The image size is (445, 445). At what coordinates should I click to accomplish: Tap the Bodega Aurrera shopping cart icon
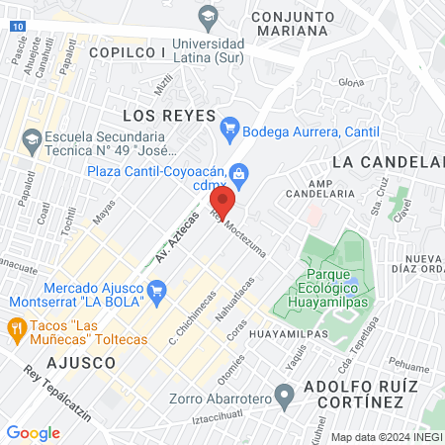[229, 128]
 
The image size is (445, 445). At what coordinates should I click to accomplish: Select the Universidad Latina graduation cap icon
[208, 15]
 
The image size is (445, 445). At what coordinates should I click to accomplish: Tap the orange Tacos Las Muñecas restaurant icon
[16, 327]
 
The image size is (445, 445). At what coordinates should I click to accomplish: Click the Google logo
[33, 432]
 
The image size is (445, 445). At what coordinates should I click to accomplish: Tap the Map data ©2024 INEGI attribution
[385, 437]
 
